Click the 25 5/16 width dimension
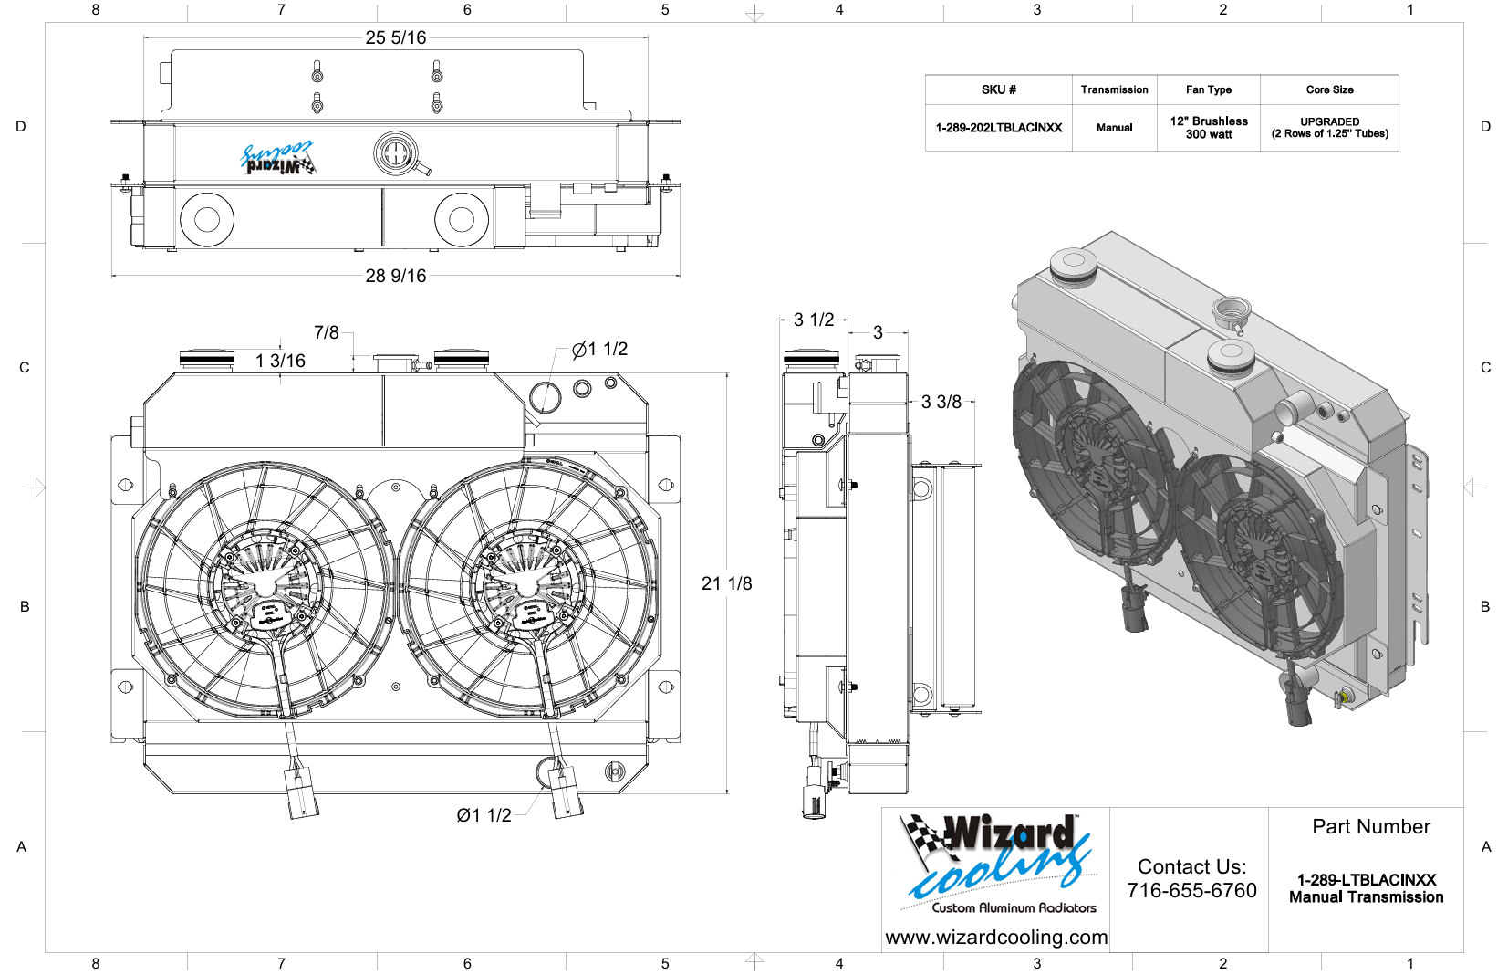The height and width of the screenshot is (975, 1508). tap(395, 37)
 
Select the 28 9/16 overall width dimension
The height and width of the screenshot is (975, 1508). tap(395, 276)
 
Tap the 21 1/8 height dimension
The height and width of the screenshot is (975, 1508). tap(726, 583)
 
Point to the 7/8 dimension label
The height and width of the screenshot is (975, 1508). tap(327, 332)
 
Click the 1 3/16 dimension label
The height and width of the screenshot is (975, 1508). tap(280, 362)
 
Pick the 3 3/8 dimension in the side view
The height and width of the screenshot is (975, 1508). tap(941, 403)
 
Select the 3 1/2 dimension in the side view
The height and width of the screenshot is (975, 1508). tap(813, 320)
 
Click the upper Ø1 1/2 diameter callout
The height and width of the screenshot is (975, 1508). tap(599, 349)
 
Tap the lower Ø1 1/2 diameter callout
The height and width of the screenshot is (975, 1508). tap(484, 815)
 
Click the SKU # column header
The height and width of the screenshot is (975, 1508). tap(998, 89)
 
